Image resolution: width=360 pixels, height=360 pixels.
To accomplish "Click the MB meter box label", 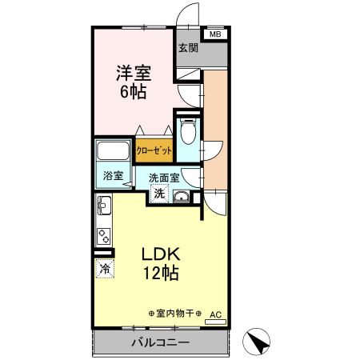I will [214, 34].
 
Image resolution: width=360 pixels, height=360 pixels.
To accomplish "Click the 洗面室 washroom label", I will [164, 178].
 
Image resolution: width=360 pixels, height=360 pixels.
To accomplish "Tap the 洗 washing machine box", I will [159, 194].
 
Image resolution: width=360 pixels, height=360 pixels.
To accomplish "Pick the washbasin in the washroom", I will [182, 198].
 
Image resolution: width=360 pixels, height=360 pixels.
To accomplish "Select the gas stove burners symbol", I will [104, 237].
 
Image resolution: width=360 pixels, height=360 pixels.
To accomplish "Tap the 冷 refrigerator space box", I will [105, 269].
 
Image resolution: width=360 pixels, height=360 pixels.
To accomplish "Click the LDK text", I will [163, 254].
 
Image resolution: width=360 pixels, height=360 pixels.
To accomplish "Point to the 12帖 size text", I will [163, 274].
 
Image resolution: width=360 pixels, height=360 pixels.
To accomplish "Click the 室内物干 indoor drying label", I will [175, 313].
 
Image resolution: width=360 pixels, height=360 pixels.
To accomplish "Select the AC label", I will [215, 314].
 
